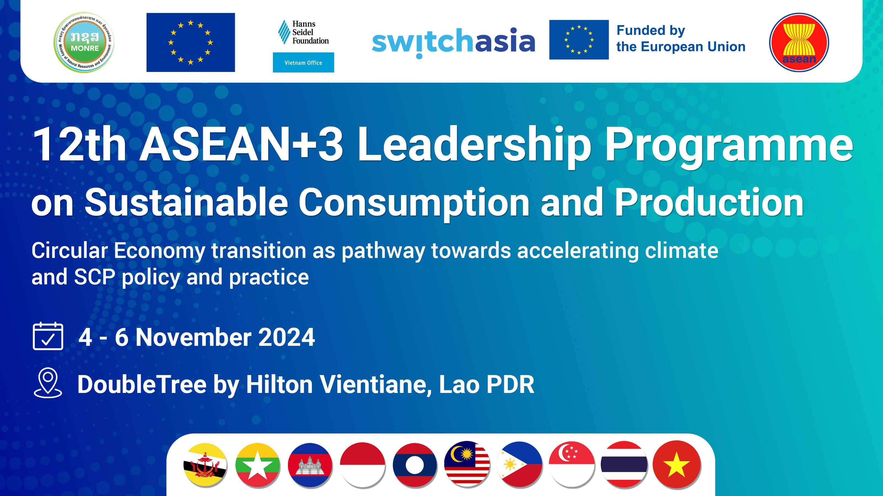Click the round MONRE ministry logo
[x=84, y=42]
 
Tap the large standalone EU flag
[x=191, y=42]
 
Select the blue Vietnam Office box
[x=303, y=63]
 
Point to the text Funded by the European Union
[x=680, y=39]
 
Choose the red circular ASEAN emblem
[x=799, y=42]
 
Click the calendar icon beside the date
[x=48, y=336]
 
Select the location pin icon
[x=48, y=383]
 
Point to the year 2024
[x=287, y=338]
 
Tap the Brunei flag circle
[x=205, y=465]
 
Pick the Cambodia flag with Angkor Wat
[x=310, y=465]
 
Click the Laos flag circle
[x=415, y=465]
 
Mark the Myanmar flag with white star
[x=257, y=465]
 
